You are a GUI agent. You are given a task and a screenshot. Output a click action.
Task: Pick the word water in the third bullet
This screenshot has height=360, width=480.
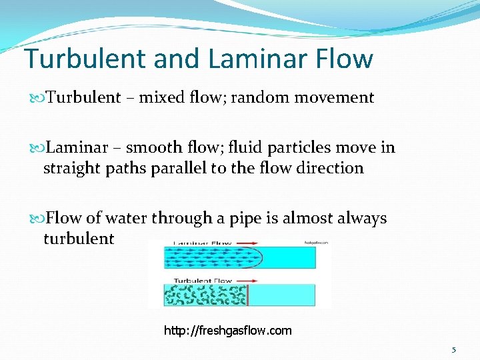[x=125, y=218]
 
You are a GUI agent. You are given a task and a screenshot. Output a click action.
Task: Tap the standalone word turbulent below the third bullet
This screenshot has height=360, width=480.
[x=79, y=238]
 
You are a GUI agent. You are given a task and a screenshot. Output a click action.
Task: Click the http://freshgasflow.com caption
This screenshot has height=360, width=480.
[x=228, y=331]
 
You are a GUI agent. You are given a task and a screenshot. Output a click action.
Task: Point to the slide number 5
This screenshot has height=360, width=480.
[x=454, y=350]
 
